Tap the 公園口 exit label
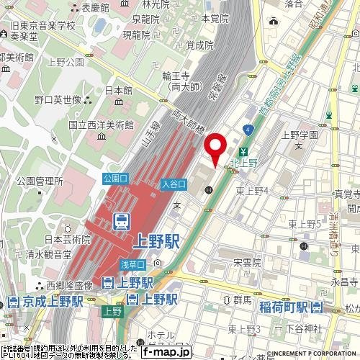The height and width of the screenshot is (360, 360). (115, 178)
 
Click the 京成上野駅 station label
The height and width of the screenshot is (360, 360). (50, 300)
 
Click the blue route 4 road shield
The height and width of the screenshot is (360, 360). (248, 129)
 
